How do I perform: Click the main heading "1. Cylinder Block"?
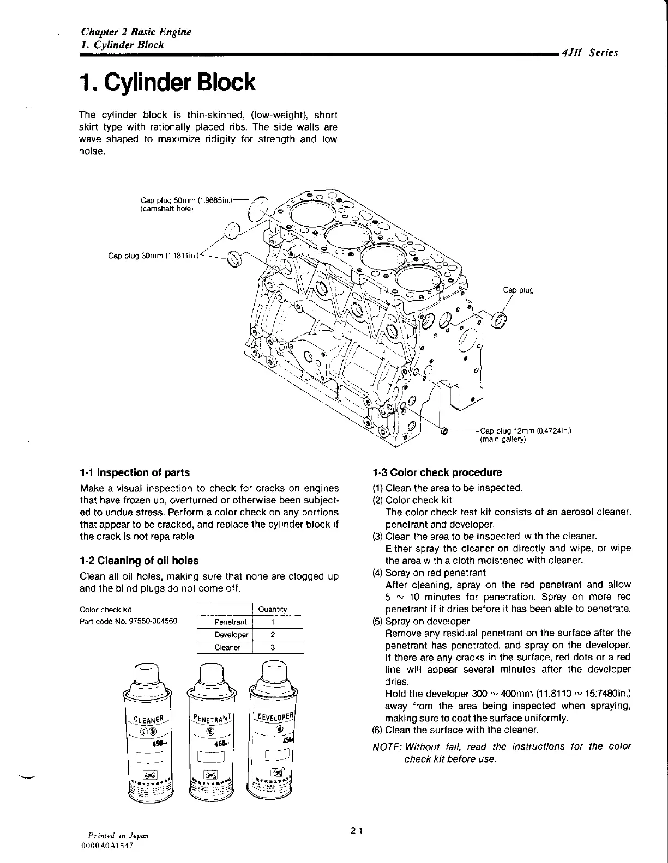[167, 83]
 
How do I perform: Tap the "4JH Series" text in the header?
[592, 53]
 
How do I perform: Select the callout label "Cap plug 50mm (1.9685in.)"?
[186, 200]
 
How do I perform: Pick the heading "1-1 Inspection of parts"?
[135, 472]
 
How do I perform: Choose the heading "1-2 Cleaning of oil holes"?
[139, 561]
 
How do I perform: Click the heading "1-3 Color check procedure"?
[437, 472]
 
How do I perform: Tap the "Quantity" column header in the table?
[273, 609]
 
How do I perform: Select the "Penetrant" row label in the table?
[231, 622]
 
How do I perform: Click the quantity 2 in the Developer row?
[272, 635]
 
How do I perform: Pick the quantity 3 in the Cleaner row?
[272, 648]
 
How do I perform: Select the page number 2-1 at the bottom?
[357, 831]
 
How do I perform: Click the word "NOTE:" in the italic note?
[386, 746]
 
